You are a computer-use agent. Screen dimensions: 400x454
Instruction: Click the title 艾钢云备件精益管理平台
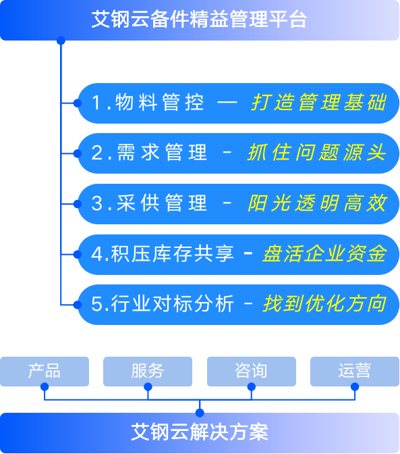pos(199,20)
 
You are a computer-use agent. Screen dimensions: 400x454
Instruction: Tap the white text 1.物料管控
pos(148,103)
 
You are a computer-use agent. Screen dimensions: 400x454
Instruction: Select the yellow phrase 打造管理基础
pos(319,103)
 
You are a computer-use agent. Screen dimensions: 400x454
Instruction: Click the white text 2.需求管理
pos(149,153)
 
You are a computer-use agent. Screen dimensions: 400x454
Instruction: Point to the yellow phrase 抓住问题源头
pos(317,153)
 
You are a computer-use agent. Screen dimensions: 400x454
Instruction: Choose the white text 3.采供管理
pos(149,203)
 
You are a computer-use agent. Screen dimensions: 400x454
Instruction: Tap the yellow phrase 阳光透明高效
pos(317,203)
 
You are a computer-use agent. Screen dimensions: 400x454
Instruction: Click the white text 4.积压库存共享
pos(163,254)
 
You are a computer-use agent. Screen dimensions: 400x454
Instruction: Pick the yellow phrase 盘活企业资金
pos(324,254)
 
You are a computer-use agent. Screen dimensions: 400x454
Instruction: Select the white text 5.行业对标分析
pos(163,304)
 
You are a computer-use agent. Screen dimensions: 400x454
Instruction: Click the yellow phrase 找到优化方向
pos(324,304)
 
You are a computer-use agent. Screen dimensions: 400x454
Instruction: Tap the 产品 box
pos(45,372)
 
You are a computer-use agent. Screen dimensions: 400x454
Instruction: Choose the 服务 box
pos(148,372)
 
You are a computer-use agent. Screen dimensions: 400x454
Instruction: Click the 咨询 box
pos(252,372)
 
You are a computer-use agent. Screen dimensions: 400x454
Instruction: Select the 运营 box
pos(355,372)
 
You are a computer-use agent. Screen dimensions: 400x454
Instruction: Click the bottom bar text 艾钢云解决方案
pos(200,432)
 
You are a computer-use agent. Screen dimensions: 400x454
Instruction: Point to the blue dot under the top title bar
pos(61,41)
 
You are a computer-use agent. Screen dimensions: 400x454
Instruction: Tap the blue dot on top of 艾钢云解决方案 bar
pos(200,413)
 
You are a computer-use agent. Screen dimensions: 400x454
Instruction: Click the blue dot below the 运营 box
pos(355,386)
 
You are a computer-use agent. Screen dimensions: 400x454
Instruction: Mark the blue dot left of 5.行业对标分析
pos(78,305)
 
